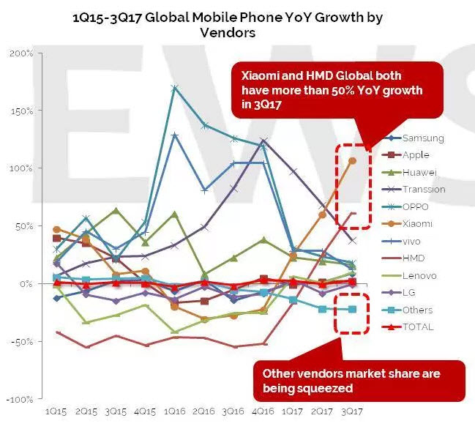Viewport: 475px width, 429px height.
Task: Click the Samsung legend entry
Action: pyautogui.click(x=423, y=138)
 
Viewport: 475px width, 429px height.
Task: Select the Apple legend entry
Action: pyautogui.click(x=416, y=155)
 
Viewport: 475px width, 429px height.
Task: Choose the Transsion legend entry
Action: pyautogui.click(x=424, y=190)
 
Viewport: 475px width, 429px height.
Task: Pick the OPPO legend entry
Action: pyautogui.click(x=416, y=206)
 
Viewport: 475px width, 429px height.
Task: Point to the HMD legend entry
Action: pyautogui.click(x=414, y=258)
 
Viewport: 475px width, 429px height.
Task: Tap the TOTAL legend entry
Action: pyautogui.click(x=418, y=327)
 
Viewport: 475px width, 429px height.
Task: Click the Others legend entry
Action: pyautogui.click(x=417, y=310)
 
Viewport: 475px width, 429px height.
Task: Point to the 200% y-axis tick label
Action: pyautogui.click(x=21, y=53)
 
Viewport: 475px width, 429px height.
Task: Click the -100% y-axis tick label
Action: pyautogui.click(x=20, y=400)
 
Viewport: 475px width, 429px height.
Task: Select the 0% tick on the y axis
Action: pyautogui.click(x=26, y=284)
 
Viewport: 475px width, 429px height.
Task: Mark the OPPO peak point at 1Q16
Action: pyautogui.click(x=175, y=88)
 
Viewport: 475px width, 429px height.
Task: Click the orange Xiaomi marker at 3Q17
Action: pyautogui.click(x=352, y=160)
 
